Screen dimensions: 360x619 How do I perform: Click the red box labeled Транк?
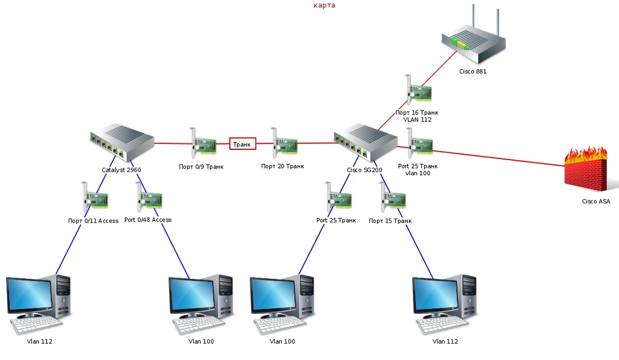242,144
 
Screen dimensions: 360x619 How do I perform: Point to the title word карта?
324,5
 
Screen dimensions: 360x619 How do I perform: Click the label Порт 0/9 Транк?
201,166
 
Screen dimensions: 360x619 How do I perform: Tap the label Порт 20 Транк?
282,166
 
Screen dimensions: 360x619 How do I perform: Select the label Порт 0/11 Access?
93,220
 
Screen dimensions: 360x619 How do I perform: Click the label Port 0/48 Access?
148,220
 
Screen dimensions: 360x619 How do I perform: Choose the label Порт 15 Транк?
390,221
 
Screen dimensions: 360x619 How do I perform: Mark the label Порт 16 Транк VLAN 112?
417,116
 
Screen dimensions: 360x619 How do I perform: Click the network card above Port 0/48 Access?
149,199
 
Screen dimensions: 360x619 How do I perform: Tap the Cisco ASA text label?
596,201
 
